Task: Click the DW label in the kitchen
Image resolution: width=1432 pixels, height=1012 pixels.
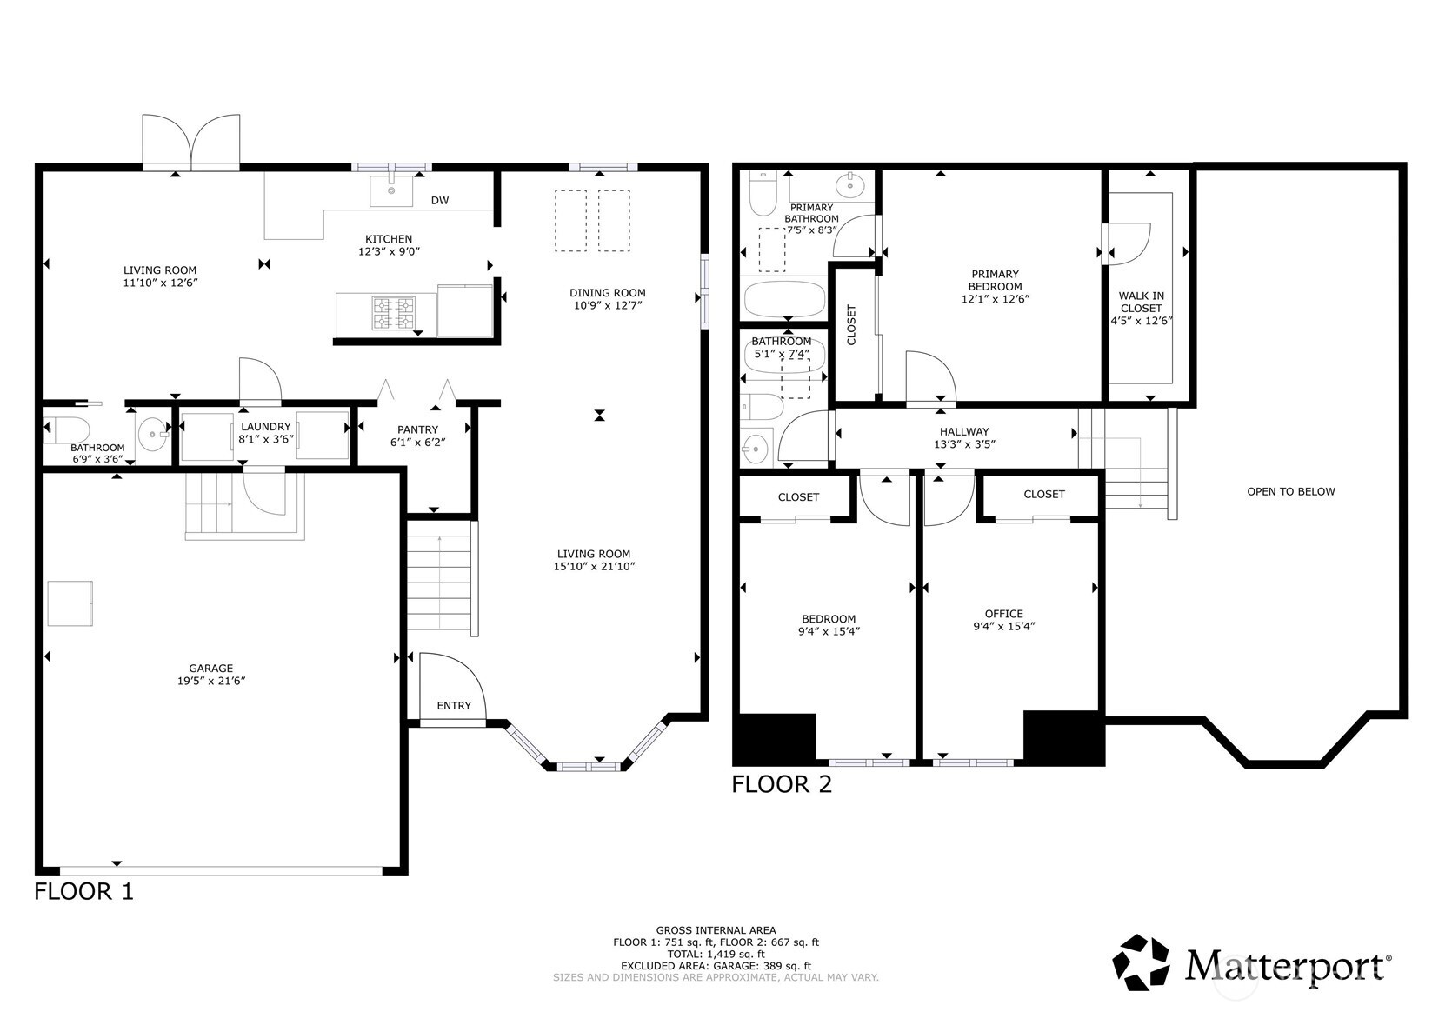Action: [440, 201]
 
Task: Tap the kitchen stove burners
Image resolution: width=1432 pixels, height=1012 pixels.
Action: [393, 313]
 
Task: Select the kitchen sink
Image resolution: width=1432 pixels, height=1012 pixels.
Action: [391, 191]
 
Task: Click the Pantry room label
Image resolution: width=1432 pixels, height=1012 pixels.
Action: [417, 430]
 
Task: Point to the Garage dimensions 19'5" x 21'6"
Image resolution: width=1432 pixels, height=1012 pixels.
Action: [211, 681]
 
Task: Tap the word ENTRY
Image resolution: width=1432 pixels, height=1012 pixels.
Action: [454, 706]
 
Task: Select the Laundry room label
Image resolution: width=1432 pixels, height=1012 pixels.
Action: [266, 427]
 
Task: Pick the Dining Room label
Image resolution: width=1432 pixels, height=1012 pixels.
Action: [608, 294]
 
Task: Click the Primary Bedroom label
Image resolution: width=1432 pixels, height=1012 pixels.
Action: [996, 281]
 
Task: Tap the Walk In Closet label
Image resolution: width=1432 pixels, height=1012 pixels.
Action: [1141, 303]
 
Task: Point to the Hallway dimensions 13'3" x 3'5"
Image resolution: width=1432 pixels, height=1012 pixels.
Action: [965, 444]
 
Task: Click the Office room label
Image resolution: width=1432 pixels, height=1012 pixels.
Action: [1003, 614]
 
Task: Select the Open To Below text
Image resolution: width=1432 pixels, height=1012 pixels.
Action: [1291, 491]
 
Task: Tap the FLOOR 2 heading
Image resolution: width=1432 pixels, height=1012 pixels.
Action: [782, 784]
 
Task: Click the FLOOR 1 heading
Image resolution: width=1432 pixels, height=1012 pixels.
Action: [83, 891]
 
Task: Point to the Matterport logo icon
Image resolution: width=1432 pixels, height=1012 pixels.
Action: [1141, 962]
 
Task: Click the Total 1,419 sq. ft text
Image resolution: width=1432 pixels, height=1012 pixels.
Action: [716, 954]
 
